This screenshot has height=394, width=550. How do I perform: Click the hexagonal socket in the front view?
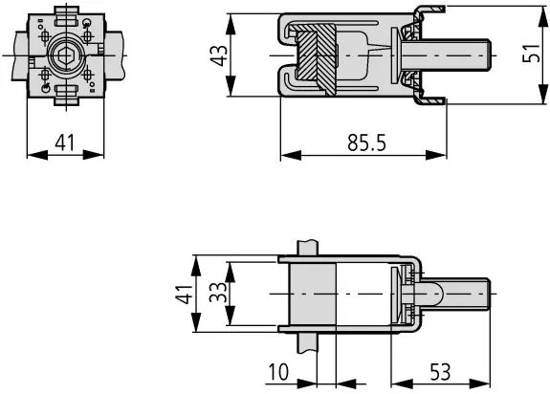pos(66,55)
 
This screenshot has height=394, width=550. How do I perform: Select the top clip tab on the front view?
pos(66,16)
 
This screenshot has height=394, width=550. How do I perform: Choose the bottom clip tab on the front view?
pos(66,93)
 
